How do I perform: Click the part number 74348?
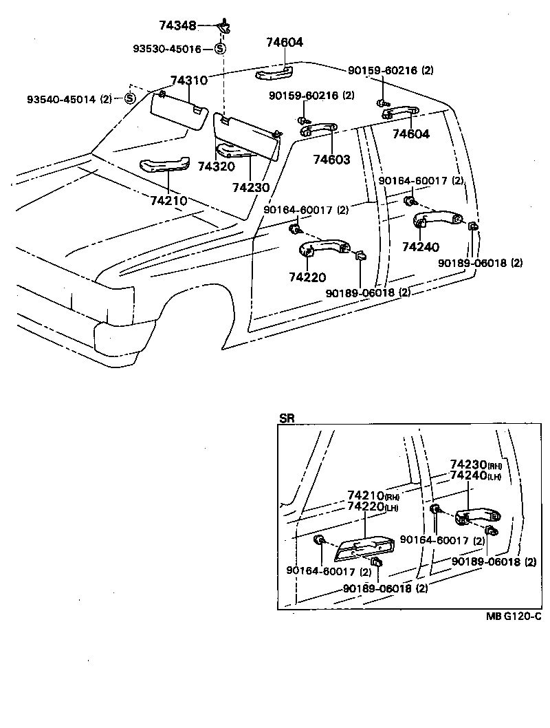click(177, 25)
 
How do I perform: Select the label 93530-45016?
click(167, 49)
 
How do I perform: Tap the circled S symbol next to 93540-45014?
click(129, 98)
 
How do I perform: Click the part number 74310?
click(188, 81)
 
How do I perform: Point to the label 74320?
click(216, 167)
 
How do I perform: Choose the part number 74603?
click(332, 160)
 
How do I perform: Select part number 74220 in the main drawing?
click(307, 277)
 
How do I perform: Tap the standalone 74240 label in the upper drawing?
click(421, 246)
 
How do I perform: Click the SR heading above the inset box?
click(286, 418)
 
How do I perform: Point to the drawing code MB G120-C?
click(513, 617)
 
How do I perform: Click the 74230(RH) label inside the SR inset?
click(476, 465)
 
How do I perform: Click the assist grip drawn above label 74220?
click(323, 248)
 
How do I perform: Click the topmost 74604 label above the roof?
click(285, 43)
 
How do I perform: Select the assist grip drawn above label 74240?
click(441, 218)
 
